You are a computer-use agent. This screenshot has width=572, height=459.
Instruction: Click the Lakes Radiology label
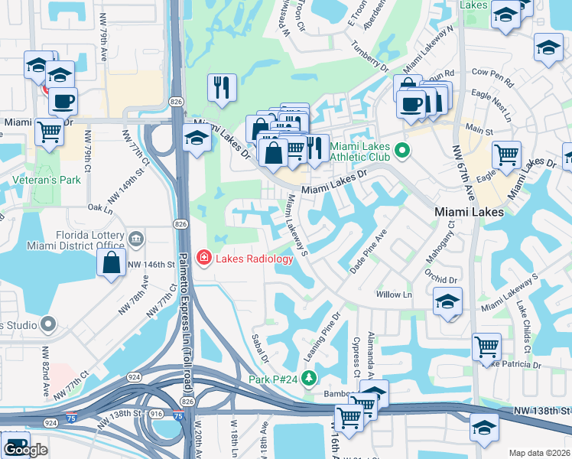(254, 259)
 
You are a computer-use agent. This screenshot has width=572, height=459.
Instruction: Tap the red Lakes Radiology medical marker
(204, 258)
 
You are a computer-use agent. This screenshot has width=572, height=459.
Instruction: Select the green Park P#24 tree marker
(308, 378)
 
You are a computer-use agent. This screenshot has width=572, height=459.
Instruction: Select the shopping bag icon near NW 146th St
(112, 262)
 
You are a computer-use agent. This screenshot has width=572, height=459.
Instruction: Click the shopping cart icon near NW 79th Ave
(49, 132)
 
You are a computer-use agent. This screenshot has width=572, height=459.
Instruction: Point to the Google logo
(26, 451)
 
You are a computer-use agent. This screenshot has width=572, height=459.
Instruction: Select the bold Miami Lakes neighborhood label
(468, 212)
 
